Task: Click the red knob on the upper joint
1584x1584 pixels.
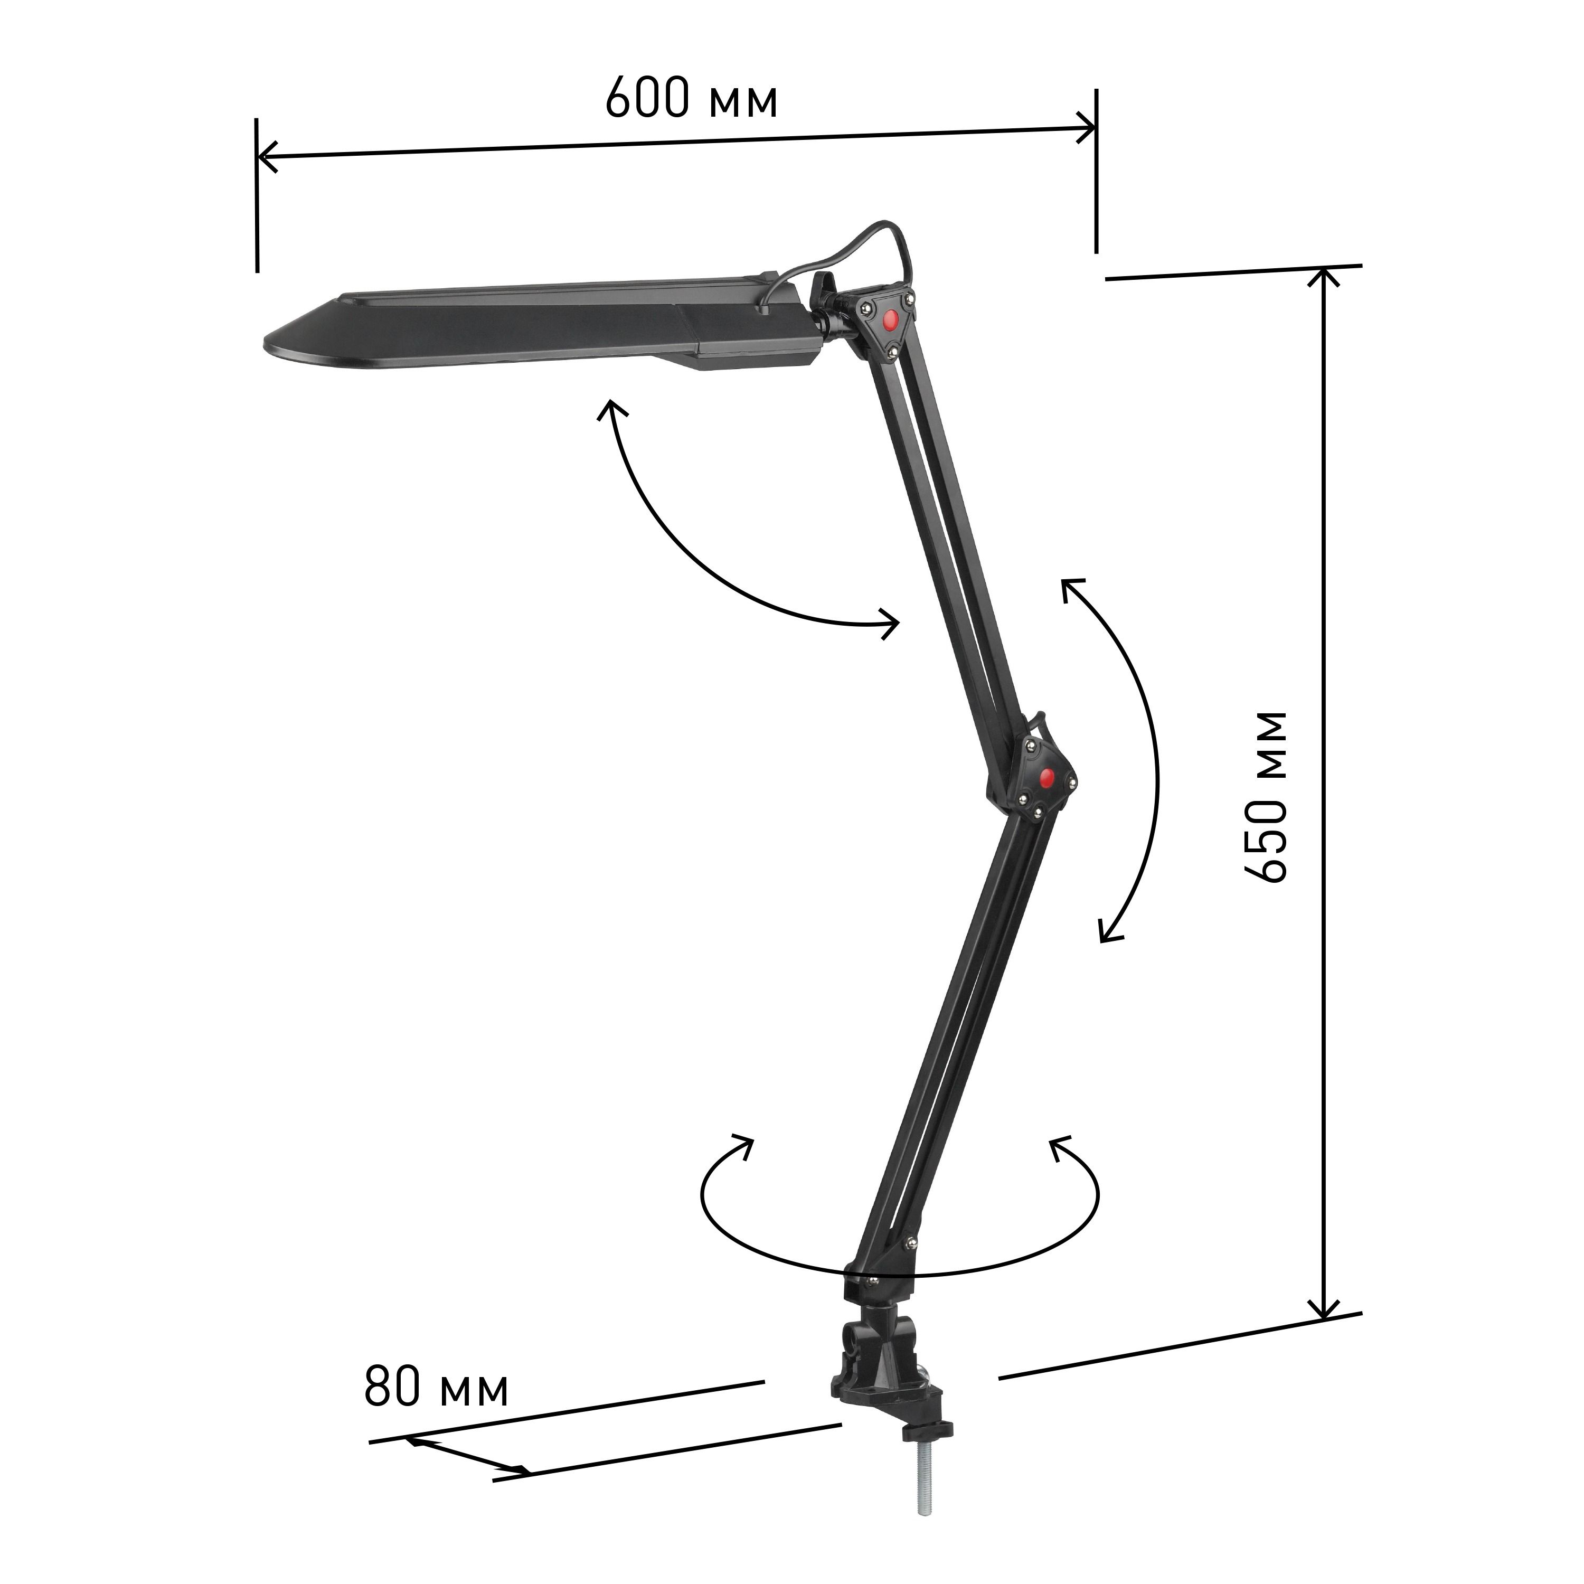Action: click(889, 320)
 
